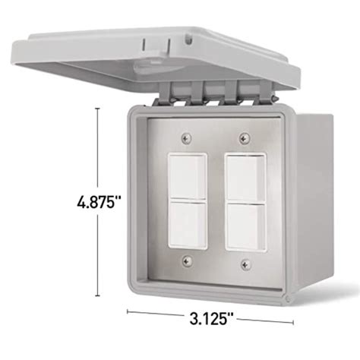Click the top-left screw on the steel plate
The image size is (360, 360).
point(186,137)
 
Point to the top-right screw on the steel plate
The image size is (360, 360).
point(244,137)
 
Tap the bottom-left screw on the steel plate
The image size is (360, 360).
point(186,264)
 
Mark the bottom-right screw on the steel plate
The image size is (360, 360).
point(244,264)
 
